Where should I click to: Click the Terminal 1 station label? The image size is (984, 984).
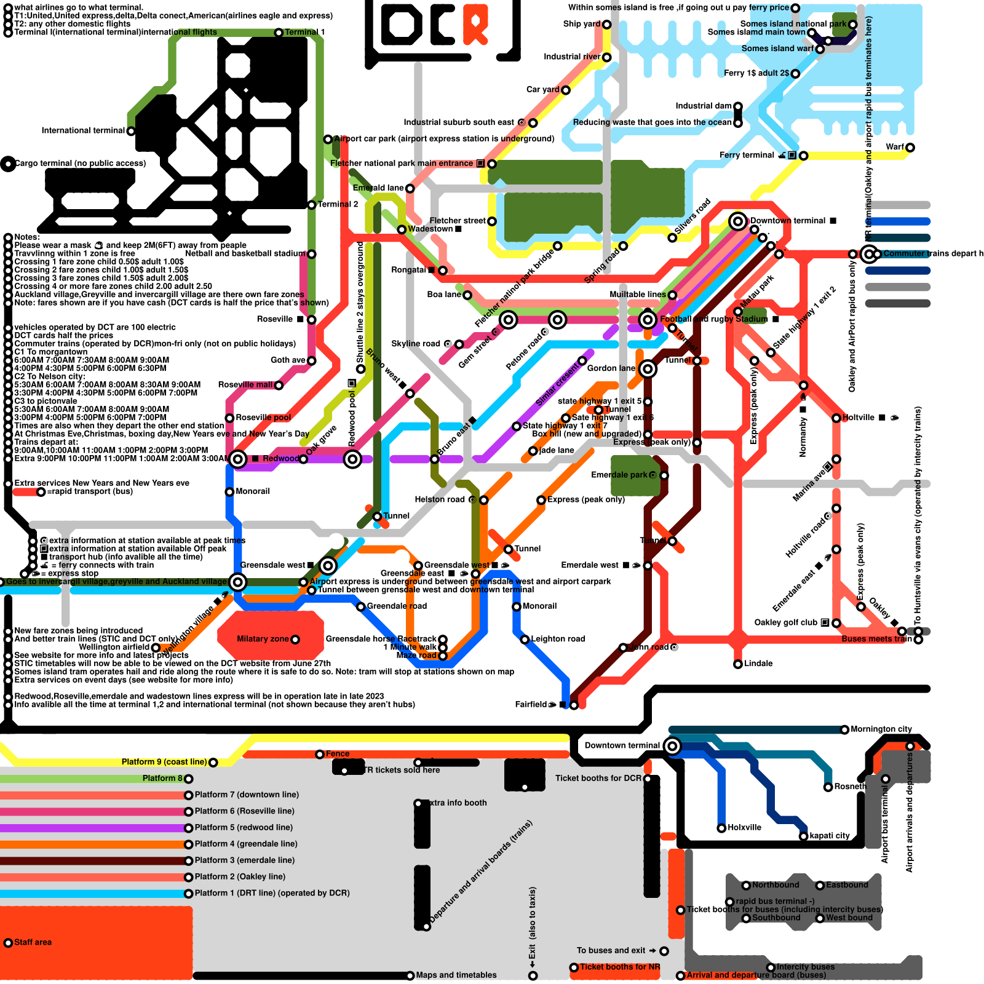tap(304, 32)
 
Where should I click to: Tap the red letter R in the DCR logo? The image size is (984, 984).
tap(475, 25)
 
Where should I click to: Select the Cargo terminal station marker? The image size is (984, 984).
tap(8, 164)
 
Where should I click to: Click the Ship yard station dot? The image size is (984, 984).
tap(606, 25)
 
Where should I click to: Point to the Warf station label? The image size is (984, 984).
tap(895, 147)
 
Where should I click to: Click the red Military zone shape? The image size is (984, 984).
tap(271, 637)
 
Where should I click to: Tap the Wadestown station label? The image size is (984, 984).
tap(430, 229)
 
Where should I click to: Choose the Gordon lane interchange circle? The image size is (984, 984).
tap(647, 369)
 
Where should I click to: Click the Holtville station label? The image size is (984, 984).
tap(859, 418)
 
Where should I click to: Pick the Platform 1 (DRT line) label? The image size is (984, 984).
tap(272, 893)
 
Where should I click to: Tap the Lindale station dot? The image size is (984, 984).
tap(738, 664)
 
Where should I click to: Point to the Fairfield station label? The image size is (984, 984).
tap(531, 705)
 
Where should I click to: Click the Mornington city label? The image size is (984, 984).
tap(881, 729)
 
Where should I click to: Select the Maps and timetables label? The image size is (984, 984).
tap(456, 975)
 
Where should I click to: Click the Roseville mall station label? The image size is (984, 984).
tap(245, 385)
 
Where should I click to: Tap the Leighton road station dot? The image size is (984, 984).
tap(525, 640)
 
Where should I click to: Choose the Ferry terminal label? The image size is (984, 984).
tap(747, 155)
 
